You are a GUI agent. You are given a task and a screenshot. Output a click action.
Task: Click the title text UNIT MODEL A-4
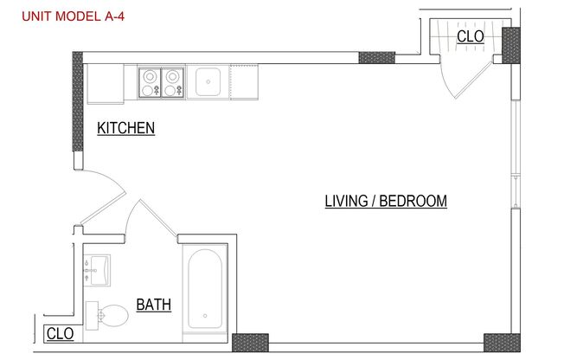(74, 14)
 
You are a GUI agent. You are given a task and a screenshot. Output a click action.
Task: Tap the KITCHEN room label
(125, 128)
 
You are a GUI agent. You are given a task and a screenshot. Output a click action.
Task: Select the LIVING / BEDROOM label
(385, 202)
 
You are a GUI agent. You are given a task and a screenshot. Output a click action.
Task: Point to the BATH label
(153, 305)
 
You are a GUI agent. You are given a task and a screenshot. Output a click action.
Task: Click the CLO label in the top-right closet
(470, 36)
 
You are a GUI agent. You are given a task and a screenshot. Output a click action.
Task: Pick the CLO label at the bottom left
(60, 333)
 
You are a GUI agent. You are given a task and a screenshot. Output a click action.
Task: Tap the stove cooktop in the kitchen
(162, 82)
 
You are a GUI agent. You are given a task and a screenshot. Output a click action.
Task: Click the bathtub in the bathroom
(204, 289)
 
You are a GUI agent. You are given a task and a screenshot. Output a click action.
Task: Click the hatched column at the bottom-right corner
(502, 342)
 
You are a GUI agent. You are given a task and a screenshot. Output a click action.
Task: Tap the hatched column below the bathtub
(250, 342)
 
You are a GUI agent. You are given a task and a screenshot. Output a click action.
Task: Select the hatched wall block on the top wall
(376, 58)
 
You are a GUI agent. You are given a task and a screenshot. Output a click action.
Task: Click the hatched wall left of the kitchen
(78, 111)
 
